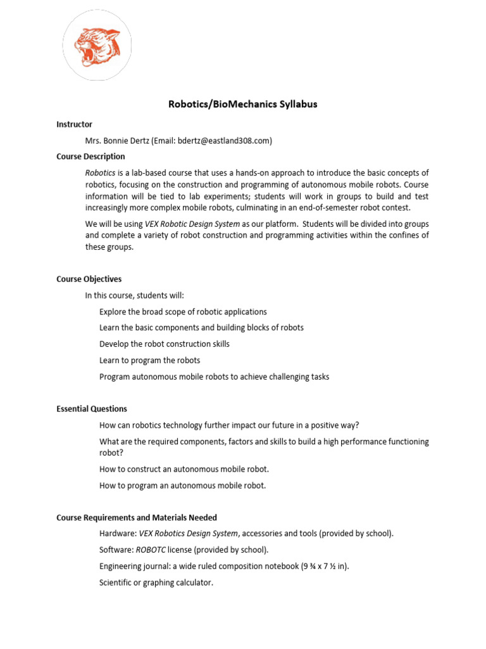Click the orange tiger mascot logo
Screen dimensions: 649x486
point(97,48)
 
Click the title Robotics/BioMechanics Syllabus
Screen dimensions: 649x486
point(242,104)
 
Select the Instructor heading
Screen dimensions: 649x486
point(74,124)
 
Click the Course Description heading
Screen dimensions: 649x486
point(90,156)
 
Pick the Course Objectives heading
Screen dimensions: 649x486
point(89,279)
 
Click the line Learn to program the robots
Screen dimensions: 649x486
point(149,360)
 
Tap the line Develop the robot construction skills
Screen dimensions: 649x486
point(164,344)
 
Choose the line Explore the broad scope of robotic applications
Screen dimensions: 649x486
point(183,311)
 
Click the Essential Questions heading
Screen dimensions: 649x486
point(91,409)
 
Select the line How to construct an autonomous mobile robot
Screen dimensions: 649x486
point(184,469)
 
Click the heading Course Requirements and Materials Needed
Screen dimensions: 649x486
point(136,517)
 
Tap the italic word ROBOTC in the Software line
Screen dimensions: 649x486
point(151,549)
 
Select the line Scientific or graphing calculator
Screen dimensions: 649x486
point(156,582)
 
